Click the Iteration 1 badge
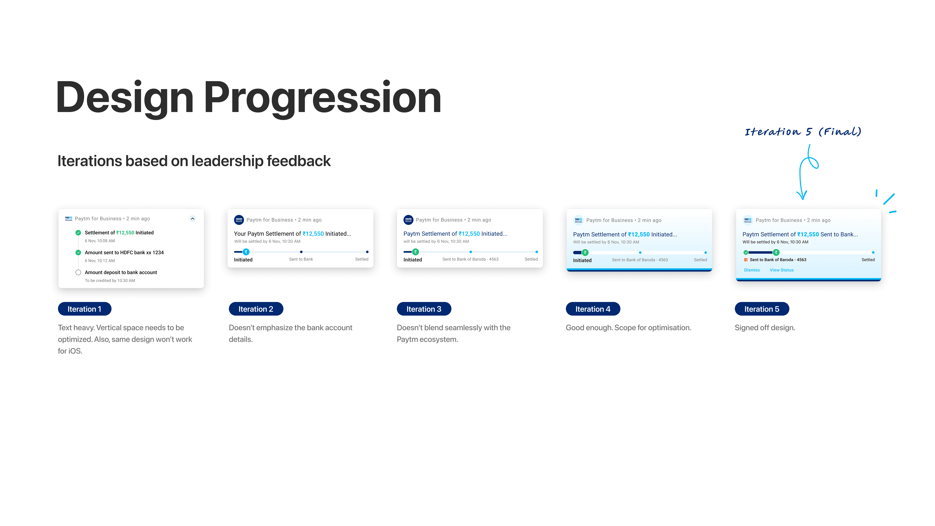click(x=85, y=309)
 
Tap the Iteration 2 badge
click(x=256, y=309)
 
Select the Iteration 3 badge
click(x=424, y=309)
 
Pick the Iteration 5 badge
click(x=762, y=309)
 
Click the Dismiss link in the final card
click(x=752, y=270)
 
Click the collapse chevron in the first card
click(x=193, y=219)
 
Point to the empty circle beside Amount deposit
click(x=78, y=272)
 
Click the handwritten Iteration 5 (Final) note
click(x=803, y=131)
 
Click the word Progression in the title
click(x=322, y=98)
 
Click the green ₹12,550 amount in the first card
click(x=125, y=233)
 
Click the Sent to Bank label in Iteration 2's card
click(x=301, y=259)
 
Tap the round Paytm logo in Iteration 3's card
click(x=408, y=220)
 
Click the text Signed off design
click(x=765, y=328)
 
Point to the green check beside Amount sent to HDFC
click(x=78, y=253)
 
